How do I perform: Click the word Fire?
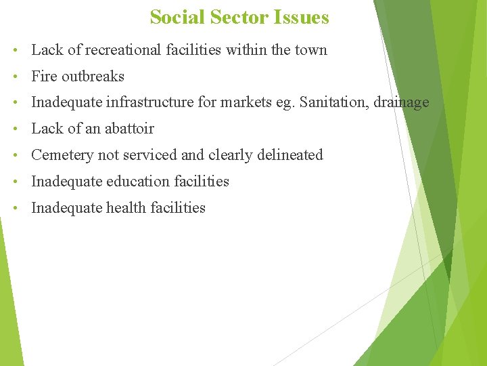[44, 76]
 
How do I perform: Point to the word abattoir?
[129, 129]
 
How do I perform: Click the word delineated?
[290, 155]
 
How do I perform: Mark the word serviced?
[150, 155]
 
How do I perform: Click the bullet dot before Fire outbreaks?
[15, 77]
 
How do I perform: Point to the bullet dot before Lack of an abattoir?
[15, 129]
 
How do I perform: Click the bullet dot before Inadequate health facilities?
[15, 209]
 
